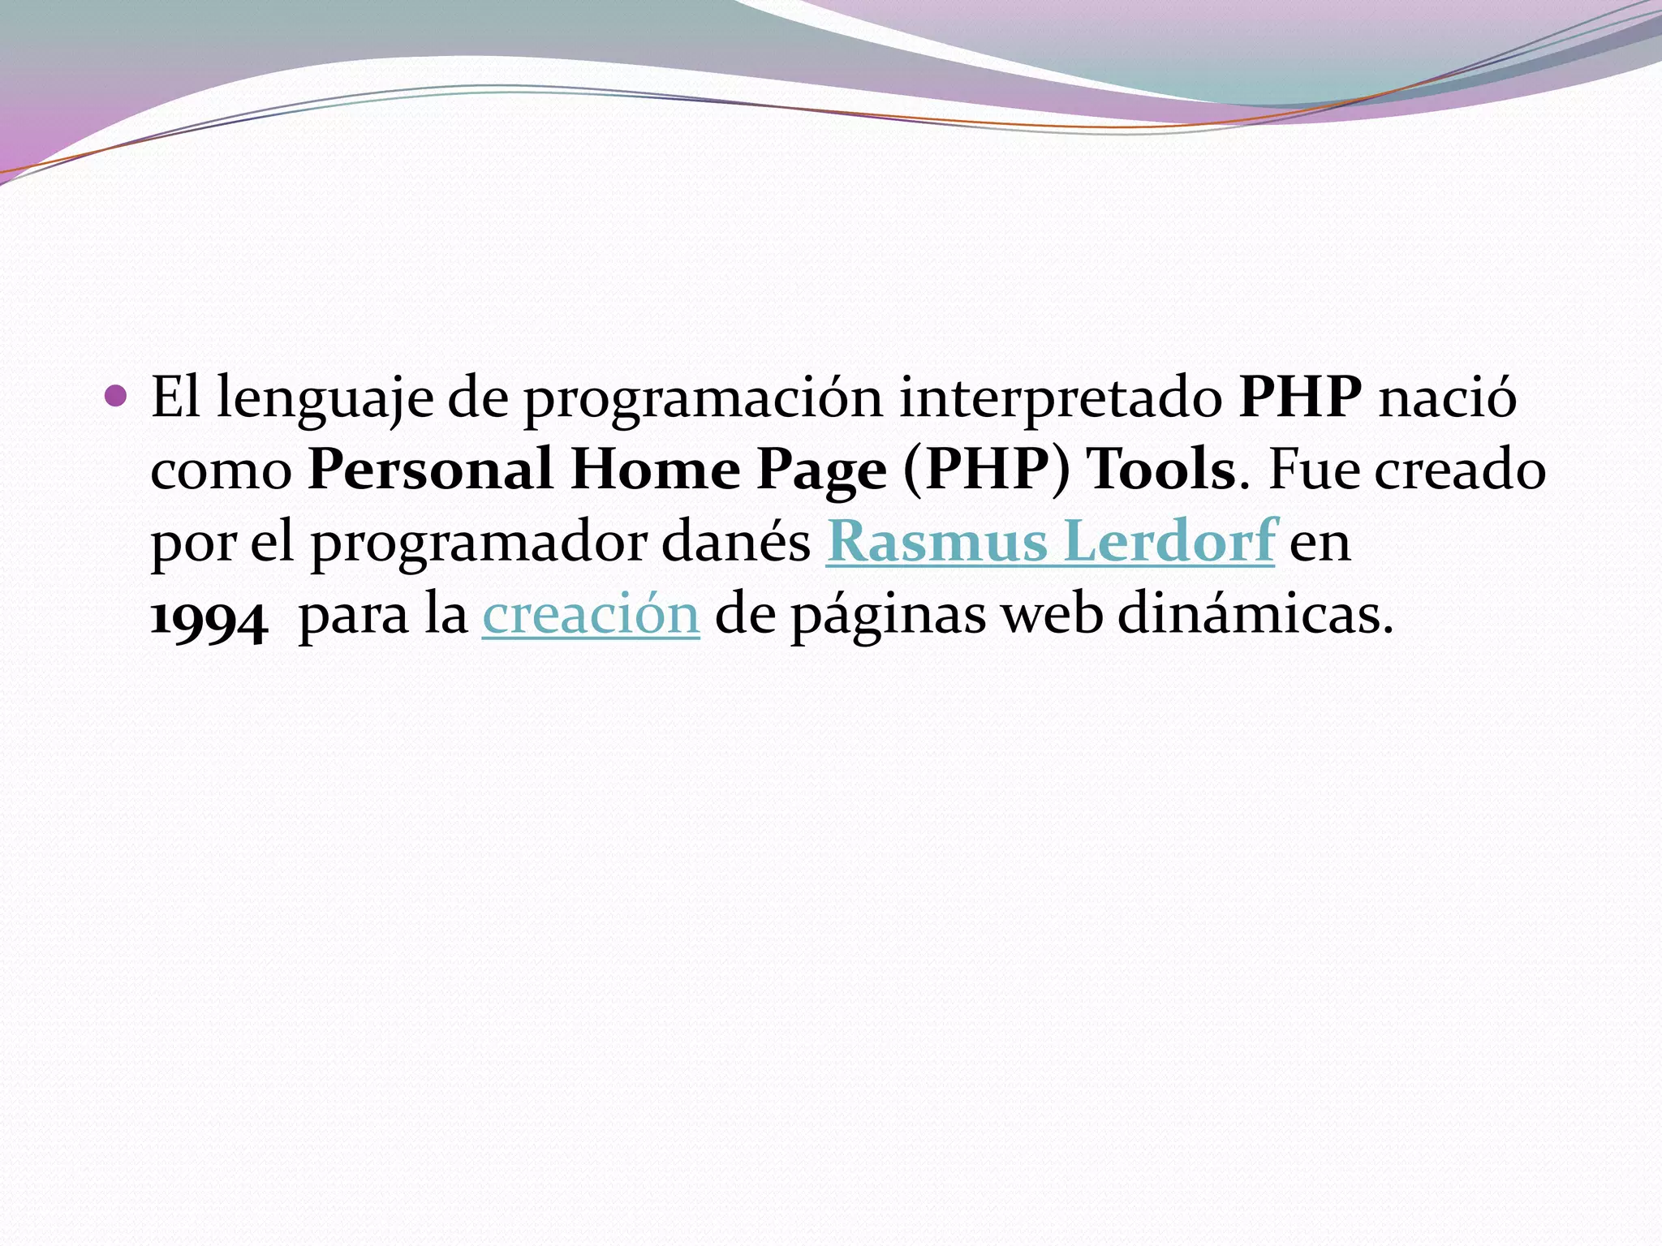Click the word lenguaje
[x=325, y=399]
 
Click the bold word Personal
[x=430, y=470]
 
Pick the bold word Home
[x=655, y=470]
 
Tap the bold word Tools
[x=1161, y=470]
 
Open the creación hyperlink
[x=591, y=615]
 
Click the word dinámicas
[x=1255, y=615]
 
